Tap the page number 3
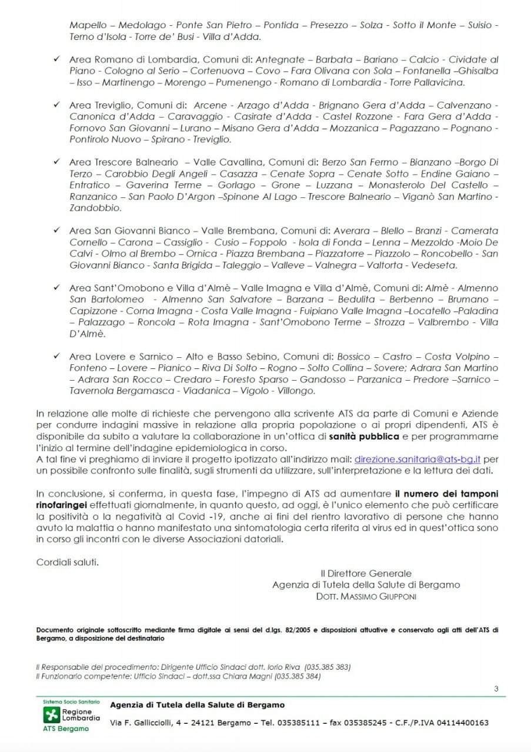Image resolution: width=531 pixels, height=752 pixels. tap(496, 689)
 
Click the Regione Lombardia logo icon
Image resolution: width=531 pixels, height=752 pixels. tap(52, 715)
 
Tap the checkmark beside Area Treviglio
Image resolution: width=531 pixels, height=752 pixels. tap(56, 105)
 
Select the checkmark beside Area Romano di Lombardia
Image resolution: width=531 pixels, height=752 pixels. tap(56, 59)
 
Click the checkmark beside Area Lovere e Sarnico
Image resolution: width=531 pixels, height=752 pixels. tap(56, 356)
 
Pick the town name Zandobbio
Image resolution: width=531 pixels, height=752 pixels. tap(95, 208)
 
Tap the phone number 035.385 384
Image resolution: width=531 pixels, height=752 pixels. tap(297, 676)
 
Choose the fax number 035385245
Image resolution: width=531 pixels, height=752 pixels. tap(366, 723)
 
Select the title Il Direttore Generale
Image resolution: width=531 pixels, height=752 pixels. tap(366, 573)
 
